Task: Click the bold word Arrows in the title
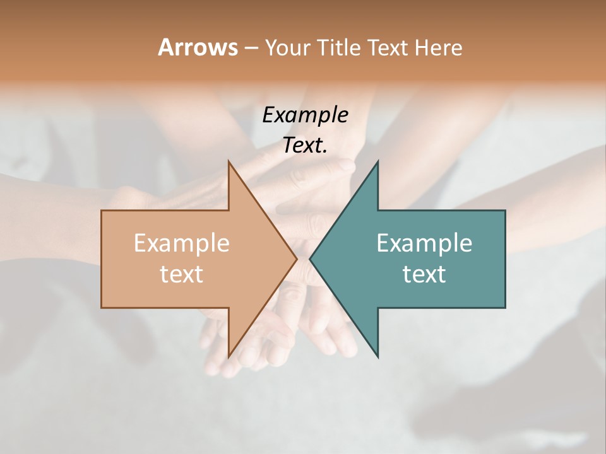click(198, 47)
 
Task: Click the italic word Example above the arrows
click(305, 115)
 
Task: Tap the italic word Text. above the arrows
click(305, 145)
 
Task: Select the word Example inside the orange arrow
click(182, 243)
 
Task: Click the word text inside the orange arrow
click(182, 274)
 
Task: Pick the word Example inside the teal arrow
click(424, 243)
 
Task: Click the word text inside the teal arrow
click(424, 274)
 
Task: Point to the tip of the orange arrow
click(297, 259)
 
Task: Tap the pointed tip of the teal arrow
click(310, 259)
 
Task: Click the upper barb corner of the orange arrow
click(229, 160)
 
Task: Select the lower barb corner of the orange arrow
click(229, 358)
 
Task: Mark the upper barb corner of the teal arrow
click(377, 160)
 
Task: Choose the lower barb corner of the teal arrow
click(377, 358)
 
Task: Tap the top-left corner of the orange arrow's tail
click(102, 211)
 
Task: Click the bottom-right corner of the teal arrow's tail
click(505, 307)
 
